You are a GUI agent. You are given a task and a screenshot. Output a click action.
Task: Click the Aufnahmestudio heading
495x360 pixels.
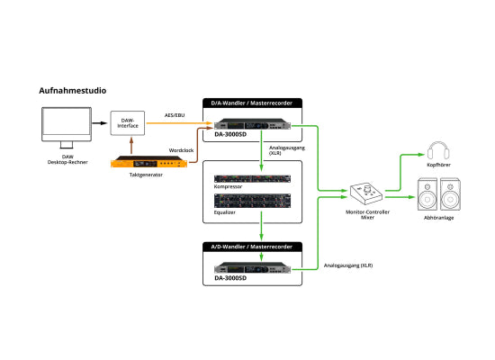point(73,91)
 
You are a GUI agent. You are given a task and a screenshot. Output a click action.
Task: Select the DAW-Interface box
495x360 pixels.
point(128,123)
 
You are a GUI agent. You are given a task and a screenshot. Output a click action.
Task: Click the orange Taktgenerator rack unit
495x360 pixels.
point(148,162)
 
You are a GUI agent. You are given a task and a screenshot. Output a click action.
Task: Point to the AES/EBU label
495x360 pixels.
point(175,115)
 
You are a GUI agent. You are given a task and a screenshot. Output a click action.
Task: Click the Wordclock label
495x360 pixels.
point(181,150)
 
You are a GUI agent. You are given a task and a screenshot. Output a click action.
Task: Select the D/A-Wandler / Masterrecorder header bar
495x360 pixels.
point(252,103)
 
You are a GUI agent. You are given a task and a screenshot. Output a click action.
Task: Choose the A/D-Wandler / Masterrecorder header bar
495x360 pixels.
point(252,247)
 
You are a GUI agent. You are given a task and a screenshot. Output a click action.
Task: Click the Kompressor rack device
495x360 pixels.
point(252,179)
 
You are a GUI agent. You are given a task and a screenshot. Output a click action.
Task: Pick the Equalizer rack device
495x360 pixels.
point(252,201)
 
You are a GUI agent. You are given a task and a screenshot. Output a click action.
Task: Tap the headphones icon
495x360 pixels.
point(438,150)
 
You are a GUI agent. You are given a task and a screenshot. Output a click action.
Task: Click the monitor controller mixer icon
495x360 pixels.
point(366,193)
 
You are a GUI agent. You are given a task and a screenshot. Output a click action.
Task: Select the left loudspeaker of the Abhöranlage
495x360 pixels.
point(427,194)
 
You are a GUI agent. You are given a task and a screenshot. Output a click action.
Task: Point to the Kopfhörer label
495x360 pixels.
point(438,165)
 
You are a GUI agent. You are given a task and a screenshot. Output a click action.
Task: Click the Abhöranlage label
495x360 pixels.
point(438,218)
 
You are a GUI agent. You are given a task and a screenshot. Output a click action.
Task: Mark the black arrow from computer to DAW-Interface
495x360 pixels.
point(99,123)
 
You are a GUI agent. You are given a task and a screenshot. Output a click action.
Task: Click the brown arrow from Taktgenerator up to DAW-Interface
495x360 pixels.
point(131,145)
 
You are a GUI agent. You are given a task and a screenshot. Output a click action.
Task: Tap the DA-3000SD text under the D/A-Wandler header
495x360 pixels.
point(230,134)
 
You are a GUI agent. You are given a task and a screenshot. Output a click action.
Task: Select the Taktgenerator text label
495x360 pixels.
point(146,175)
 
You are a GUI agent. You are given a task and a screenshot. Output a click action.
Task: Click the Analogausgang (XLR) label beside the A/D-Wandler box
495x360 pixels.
point(348,265)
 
